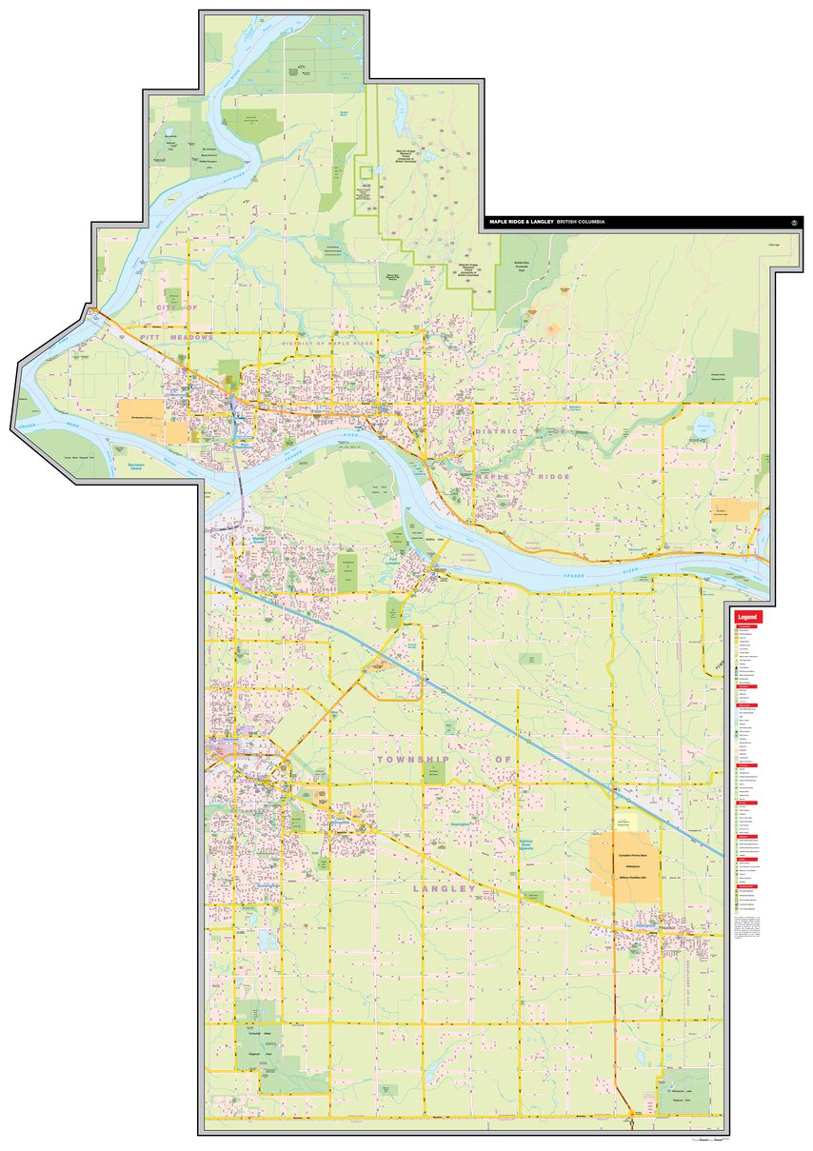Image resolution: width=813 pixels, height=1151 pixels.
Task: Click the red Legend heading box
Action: (x=747, y=617)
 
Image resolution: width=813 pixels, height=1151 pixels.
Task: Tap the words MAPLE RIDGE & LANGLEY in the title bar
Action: (x=521, y=221)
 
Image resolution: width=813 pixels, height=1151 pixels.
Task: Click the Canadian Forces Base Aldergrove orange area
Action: (x=624, y=864)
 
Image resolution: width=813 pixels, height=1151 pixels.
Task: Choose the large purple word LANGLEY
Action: (x=444, y=888)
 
